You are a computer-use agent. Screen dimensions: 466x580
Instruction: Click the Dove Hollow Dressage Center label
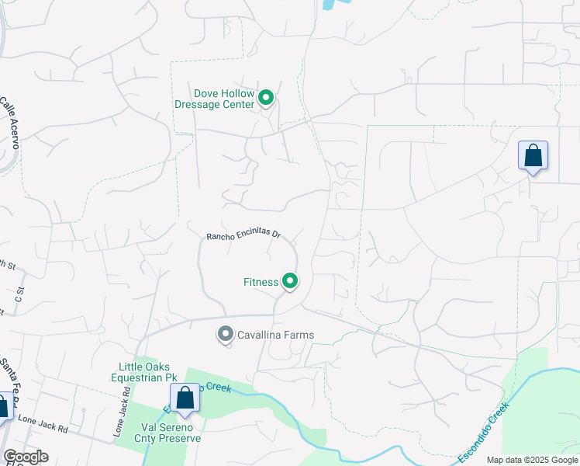pos(215,98)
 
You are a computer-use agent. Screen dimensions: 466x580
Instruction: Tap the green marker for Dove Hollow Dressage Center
pos(266,98)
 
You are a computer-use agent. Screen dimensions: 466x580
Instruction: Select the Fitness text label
pos(261,282)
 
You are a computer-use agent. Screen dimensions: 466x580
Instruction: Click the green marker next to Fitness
pos(290,281)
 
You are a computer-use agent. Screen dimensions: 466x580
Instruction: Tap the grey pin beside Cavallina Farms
pos(226,335)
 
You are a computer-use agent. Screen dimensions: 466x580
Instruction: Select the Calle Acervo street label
pos(10,123)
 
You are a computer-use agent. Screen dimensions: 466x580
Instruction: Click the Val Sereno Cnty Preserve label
pos(171,433)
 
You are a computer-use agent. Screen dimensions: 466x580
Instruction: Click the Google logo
pos(26,457)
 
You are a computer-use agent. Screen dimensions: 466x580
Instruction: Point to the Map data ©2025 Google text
pos(531,460)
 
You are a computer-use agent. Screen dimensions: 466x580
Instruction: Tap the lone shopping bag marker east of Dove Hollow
pos(533,155)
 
